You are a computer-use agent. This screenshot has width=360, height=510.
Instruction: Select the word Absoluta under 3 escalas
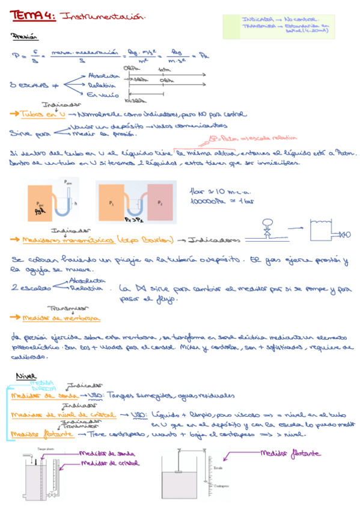point(103,76)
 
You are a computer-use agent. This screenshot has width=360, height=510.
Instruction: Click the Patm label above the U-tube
point(67,182)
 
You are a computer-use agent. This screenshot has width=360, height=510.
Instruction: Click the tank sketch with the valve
point(326,229)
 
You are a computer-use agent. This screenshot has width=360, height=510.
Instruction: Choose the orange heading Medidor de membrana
point(61,318)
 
